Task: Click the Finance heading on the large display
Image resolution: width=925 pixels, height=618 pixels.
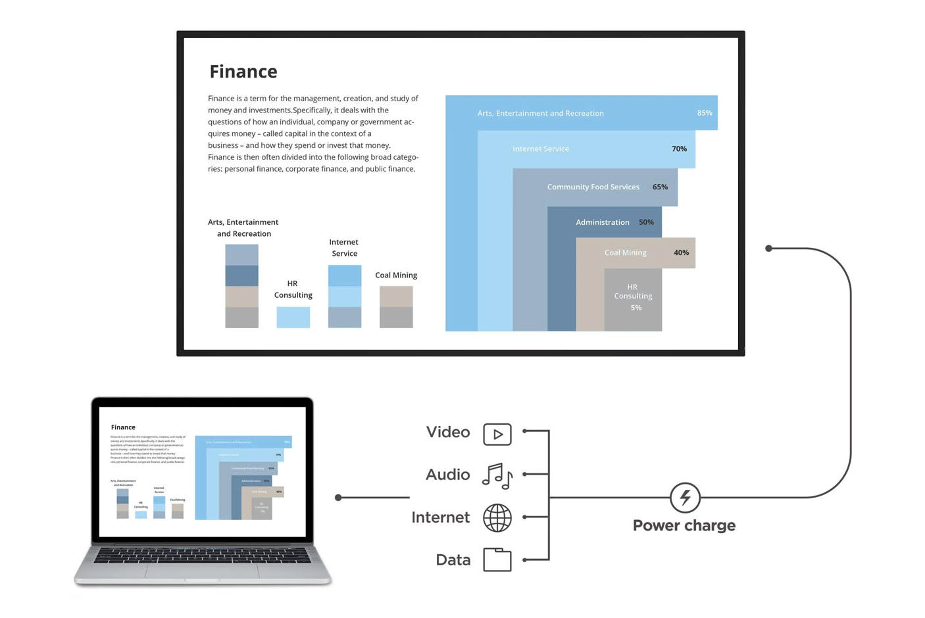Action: pyautogui.click(x=243, y=72)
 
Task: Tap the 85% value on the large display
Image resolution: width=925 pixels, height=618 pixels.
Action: pyautogui.click(x=704, y=113)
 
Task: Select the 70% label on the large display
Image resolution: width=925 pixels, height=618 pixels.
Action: pyautogui.click(x=679, y=149)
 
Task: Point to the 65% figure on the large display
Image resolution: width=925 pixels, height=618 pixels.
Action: pyautogui.click(x=660, y=187)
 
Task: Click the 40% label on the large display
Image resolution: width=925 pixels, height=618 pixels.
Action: pyautogui.click(x=681, y=252)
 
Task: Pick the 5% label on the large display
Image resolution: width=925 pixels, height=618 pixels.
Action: pyautogui.click(x=636, y=308)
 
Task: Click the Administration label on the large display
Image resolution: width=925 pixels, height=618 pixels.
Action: pyautogui.click(x=602, y=222)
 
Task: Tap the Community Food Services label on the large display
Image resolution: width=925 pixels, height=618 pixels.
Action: pyautogui.click(x=593, y=187)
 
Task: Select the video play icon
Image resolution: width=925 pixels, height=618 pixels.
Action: pyautogui.click(x=497, y=434)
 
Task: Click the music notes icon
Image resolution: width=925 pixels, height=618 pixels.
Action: pyautogui.click(x=497, y=475)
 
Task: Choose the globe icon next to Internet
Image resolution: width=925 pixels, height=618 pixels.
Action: pyautogui.click(x=497, y=518)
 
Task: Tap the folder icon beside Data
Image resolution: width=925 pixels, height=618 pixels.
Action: pyautogui.click(x=497, y=560)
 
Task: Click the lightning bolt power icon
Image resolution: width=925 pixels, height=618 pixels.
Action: pyautogui.click(x=685, y=497)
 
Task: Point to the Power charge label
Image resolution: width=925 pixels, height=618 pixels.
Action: pyautogui.click(x=684, y=526)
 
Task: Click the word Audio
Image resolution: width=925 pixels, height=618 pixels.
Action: pyautogui.click(x=447, y=475)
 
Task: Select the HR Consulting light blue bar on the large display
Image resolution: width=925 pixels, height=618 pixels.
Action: pyautogui.click(x=293, y=317)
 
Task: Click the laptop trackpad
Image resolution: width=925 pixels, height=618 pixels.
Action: pyautogui.click(x=202, y=571)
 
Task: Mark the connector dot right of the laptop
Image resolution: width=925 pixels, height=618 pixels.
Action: pyautogui.click(x=338, y=498)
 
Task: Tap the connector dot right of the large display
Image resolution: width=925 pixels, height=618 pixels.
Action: pyautogui.click(x=768, y=249)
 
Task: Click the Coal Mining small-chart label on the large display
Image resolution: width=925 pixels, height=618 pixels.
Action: pyautogui.click(x=396, y=275)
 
